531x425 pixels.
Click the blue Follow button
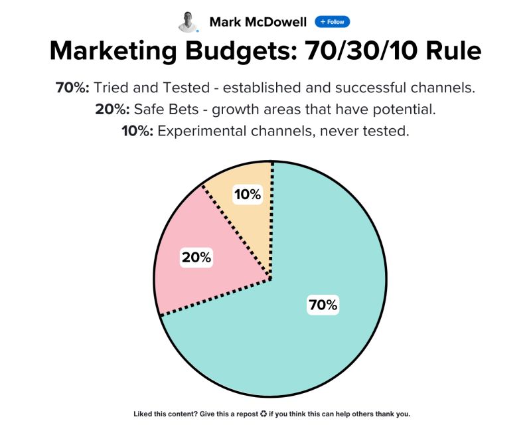[x=333, y=22]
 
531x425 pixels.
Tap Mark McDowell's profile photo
[x=188, y=23]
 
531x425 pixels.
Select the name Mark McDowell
[x=258, y=22]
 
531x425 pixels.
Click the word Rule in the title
[x=453, y=50]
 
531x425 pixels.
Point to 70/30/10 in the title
[x=360, y=50]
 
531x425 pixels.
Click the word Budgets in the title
[x=241, y=51]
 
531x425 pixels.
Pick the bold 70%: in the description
[x=72, y=88]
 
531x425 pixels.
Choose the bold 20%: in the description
[x=112, y=109]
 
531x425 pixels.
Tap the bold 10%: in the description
[x=137, y=131]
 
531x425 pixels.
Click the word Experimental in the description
[x=202, y=131]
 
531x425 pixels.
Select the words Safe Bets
[x=167, y=109]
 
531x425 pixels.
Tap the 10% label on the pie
[x=248, y=195]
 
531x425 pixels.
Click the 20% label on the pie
[x=196, y=257]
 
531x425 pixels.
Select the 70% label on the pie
[x=323, y=305]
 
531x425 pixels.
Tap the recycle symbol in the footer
[x=264, y=414]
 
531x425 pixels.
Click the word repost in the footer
[x=248, y=414]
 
